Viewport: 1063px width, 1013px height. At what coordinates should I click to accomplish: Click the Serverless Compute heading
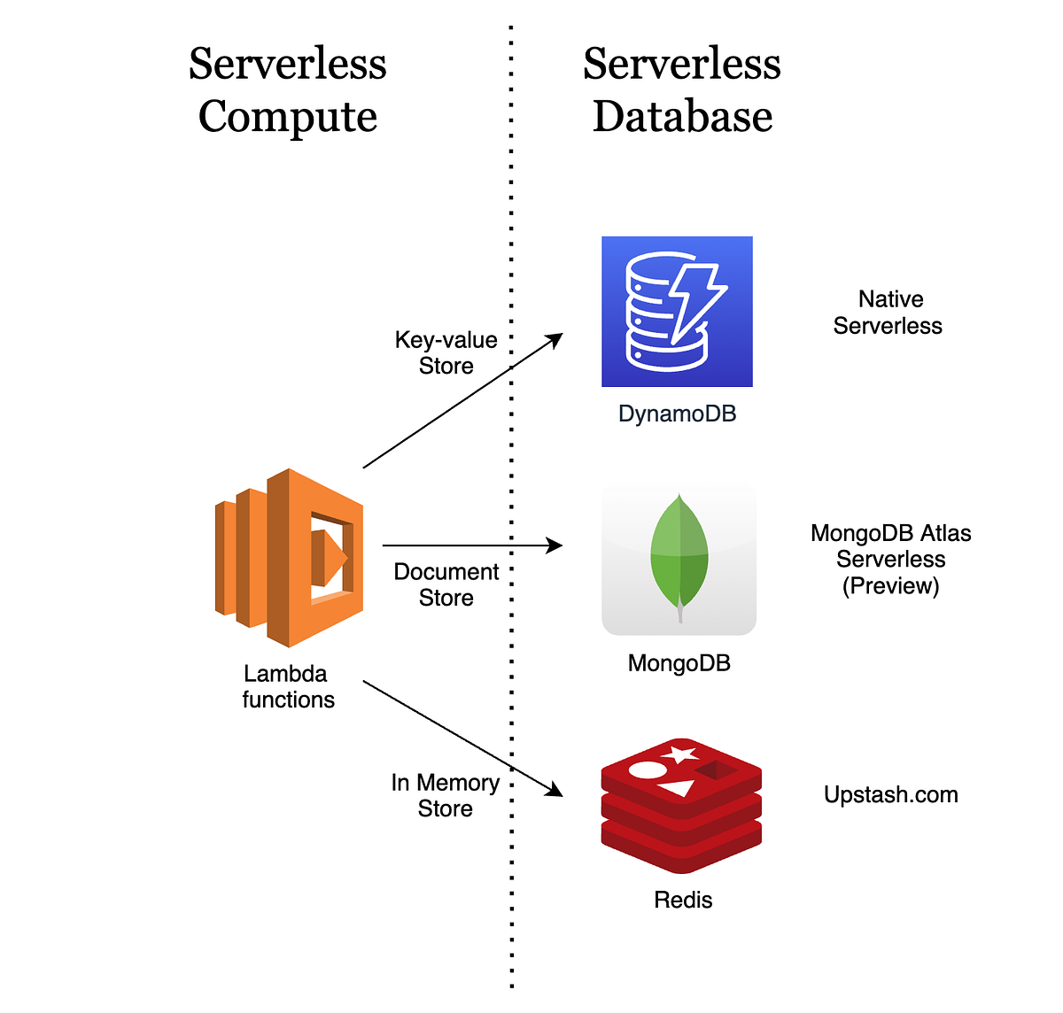pyautogui.click(x=288, y=89)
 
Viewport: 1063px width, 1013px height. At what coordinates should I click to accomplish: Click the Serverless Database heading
pyautogui.click(x=682, y=89)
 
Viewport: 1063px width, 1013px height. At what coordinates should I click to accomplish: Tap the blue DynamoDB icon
pyautogui.click(x=677, y=311)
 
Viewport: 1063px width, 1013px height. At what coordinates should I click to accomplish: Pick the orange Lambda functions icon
pyautogui.click(x=290, y=558)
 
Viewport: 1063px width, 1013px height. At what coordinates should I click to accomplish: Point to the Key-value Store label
pyautogui.click(x=446, y=352)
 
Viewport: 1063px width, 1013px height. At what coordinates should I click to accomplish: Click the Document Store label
pyautogui.click(x=446, y=584)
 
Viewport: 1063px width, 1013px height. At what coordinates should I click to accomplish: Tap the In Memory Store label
pyautogui.click(x=445, y=795)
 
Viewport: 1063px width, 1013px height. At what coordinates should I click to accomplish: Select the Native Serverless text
pyautogui.click(x=888, y=313)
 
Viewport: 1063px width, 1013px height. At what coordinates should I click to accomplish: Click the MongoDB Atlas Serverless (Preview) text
pyautogui.click(x=890, y=559)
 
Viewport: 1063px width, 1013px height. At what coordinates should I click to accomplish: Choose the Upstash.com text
pyautogui.click(x=890, y=794)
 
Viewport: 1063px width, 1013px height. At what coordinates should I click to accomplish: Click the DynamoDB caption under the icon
pyautogui.click(x=677, y=414)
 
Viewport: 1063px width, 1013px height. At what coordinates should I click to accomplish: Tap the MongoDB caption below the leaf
pyautogui.click(x=679, y=663)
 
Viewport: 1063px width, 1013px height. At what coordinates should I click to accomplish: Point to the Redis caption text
pyautogui.click(x=682, y=900)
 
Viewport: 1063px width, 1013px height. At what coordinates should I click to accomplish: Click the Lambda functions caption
pyautogui.click(x=288, y=686)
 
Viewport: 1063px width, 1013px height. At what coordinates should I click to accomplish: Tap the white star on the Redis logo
pyautogui.click(x=680, y=754)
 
